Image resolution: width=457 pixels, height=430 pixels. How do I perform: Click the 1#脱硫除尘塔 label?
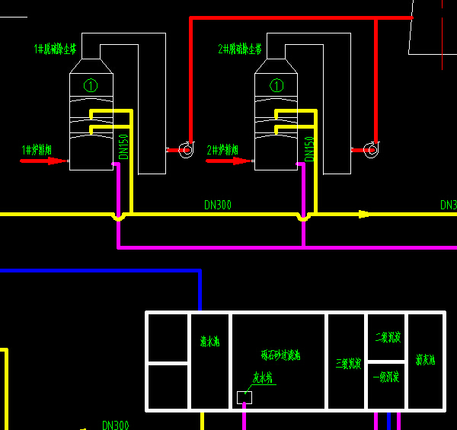[x=56, y=49]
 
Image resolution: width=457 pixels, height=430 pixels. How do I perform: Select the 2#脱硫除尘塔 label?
[x=239, y=49]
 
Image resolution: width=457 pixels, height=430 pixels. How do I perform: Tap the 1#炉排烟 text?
[x=37, y=150]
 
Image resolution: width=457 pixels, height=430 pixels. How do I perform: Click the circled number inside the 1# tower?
[x=91, y=85]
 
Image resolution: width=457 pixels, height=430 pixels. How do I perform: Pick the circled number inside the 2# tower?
[x=276, y=85]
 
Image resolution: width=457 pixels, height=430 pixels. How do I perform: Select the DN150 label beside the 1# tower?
[x=124, y=147]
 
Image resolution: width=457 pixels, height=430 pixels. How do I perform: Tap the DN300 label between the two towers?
[x=218, y=205]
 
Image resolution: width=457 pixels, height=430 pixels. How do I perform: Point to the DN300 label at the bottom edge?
[x=116, y=425]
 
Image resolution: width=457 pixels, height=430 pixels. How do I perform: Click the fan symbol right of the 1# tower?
[x=185, y=150]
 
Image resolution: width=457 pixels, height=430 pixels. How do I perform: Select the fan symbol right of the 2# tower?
[x=370, y=150]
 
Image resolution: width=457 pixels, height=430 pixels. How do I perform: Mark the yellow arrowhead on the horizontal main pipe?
[x=365, y=214]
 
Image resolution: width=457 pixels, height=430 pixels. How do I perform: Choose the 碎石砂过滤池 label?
[x=280, y=355]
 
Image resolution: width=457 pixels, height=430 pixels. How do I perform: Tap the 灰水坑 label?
[x=262, y=377]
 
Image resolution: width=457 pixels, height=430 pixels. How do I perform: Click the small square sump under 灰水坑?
[x=244, y=397]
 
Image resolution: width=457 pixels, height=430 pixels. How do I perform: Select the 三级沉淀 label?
[x=347, y=365]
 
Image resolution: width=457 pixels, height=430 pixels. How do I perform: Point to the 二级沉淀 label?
[x=387, y=337]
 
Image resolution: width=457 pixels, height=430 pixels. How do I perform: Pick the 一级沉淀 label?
[x=386, y=377]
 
